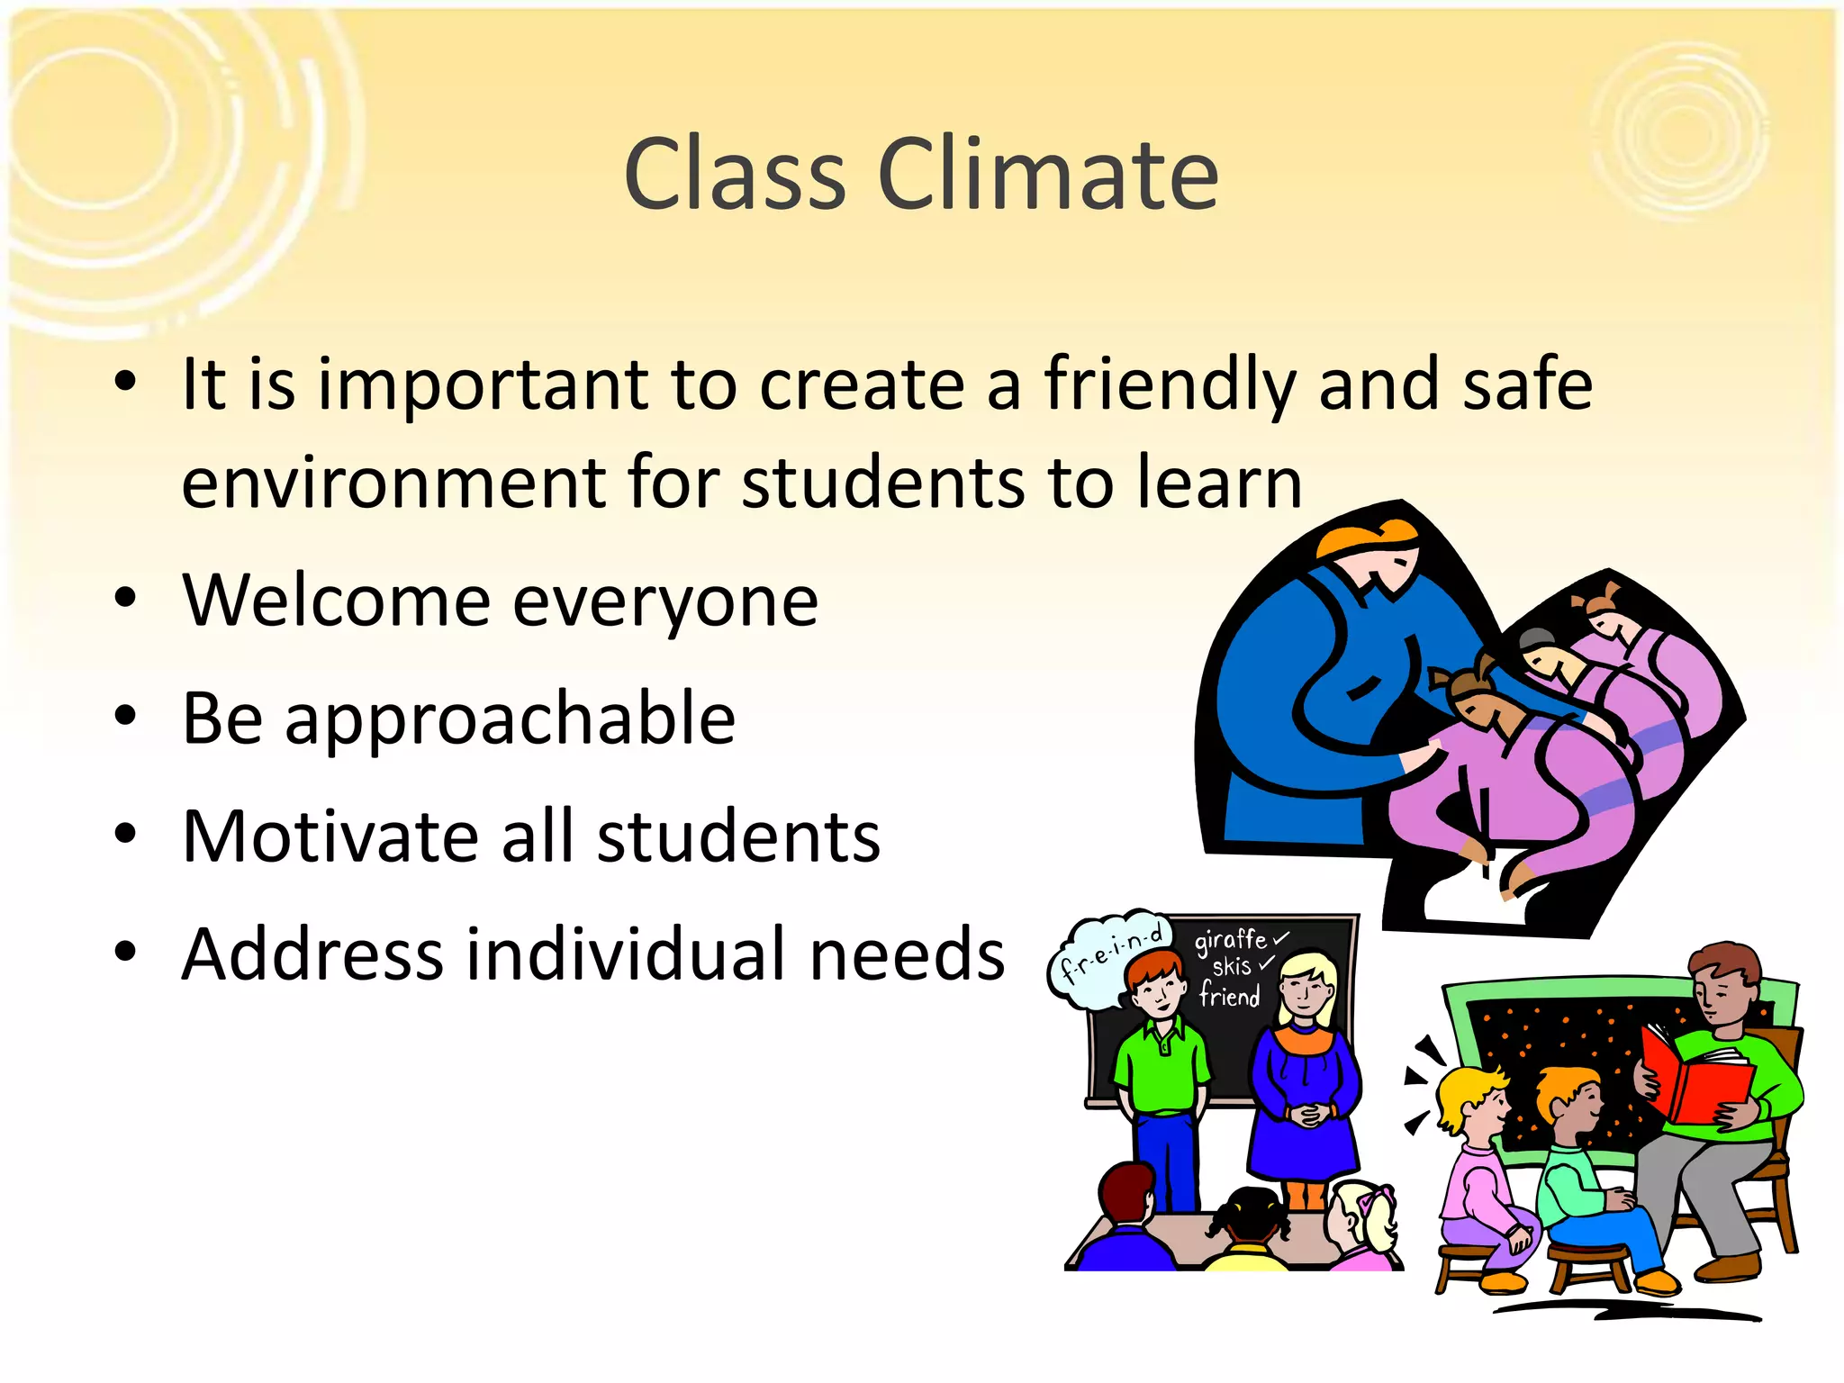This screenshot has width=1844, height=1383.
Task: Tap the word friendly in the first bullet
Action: pyautogui.click(x=1170, y=385)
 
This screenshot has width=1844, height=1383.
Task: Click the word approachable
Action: pyautogui.click(x=510, y=720)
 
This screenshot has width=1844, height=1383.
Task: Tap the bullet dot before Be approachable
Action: pyautogui.click(x=126, y=717)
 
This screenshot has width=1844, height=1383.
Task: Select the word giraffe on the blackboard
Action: pyautogui.click(x=1230, y=941)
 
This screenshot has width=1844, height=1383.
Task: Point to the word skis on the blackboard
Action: pyautogui.click(x=1232, y=968)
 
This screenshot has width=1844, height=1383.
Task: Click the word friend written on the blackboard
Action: pyautogui.click(x=1229, y=997)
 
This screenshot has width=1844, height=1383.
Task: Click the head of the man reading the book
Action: pyautogui.click(x=1722, y=986)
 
